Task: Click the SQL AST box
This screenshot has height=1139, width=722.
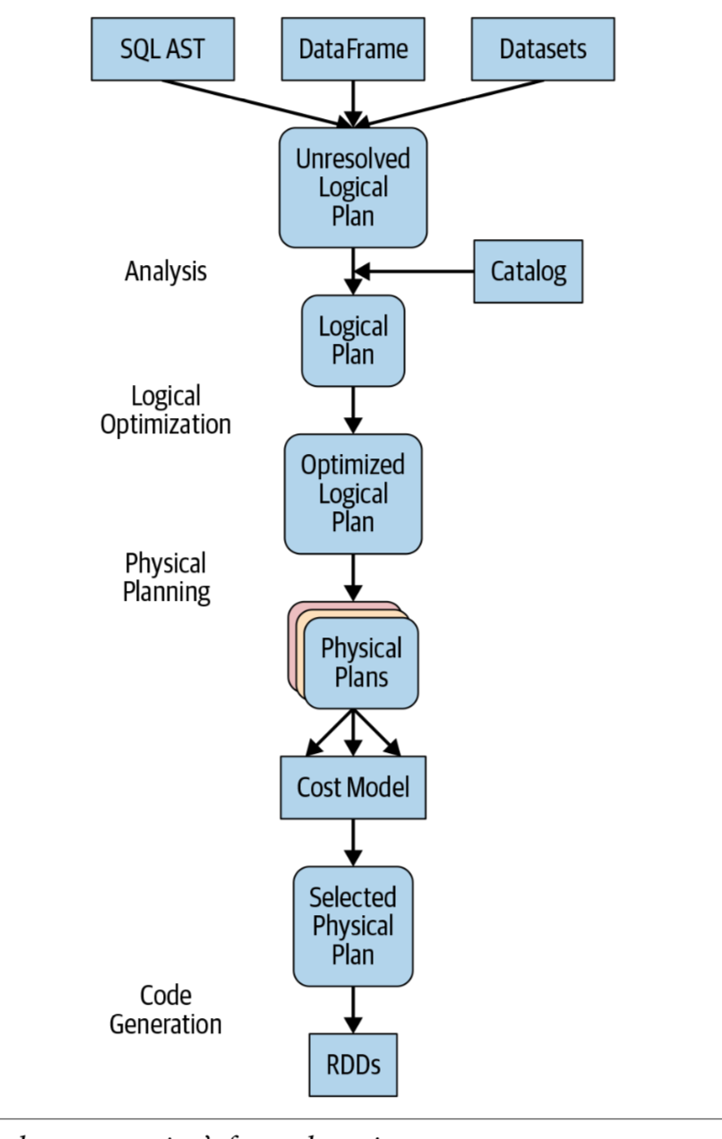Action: click(162, 48)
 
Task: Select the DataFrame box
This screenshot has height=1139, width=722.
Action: click(352, 48)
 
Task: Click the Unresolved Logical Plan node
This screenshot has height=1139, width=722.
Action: click(352, 187)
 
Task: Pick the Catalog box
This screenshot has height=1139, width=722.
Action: click(528, 271)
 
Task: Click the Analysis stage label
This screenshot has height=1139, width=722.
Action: click(166, 271)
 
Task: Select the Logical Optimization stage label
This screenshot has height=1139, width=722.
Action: click(166, 409)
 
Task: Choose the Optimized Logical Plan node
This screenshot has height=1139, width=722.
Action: click(352, 493)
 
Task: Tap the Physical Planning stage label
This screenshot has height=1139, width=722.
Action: click(166, 578)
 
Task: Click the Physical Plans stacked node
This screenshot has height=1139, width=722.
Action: click(361, 662)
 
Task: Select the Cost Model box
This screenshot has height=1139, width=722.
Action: click(352, 787)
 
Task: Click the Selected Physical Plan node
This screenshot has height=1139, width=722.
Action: click(352, 925)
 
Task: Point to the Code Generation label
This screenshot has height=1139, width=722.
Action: click(166, 1009)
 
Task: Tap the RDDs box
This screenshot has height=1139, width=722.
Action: click(352, 1065)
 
